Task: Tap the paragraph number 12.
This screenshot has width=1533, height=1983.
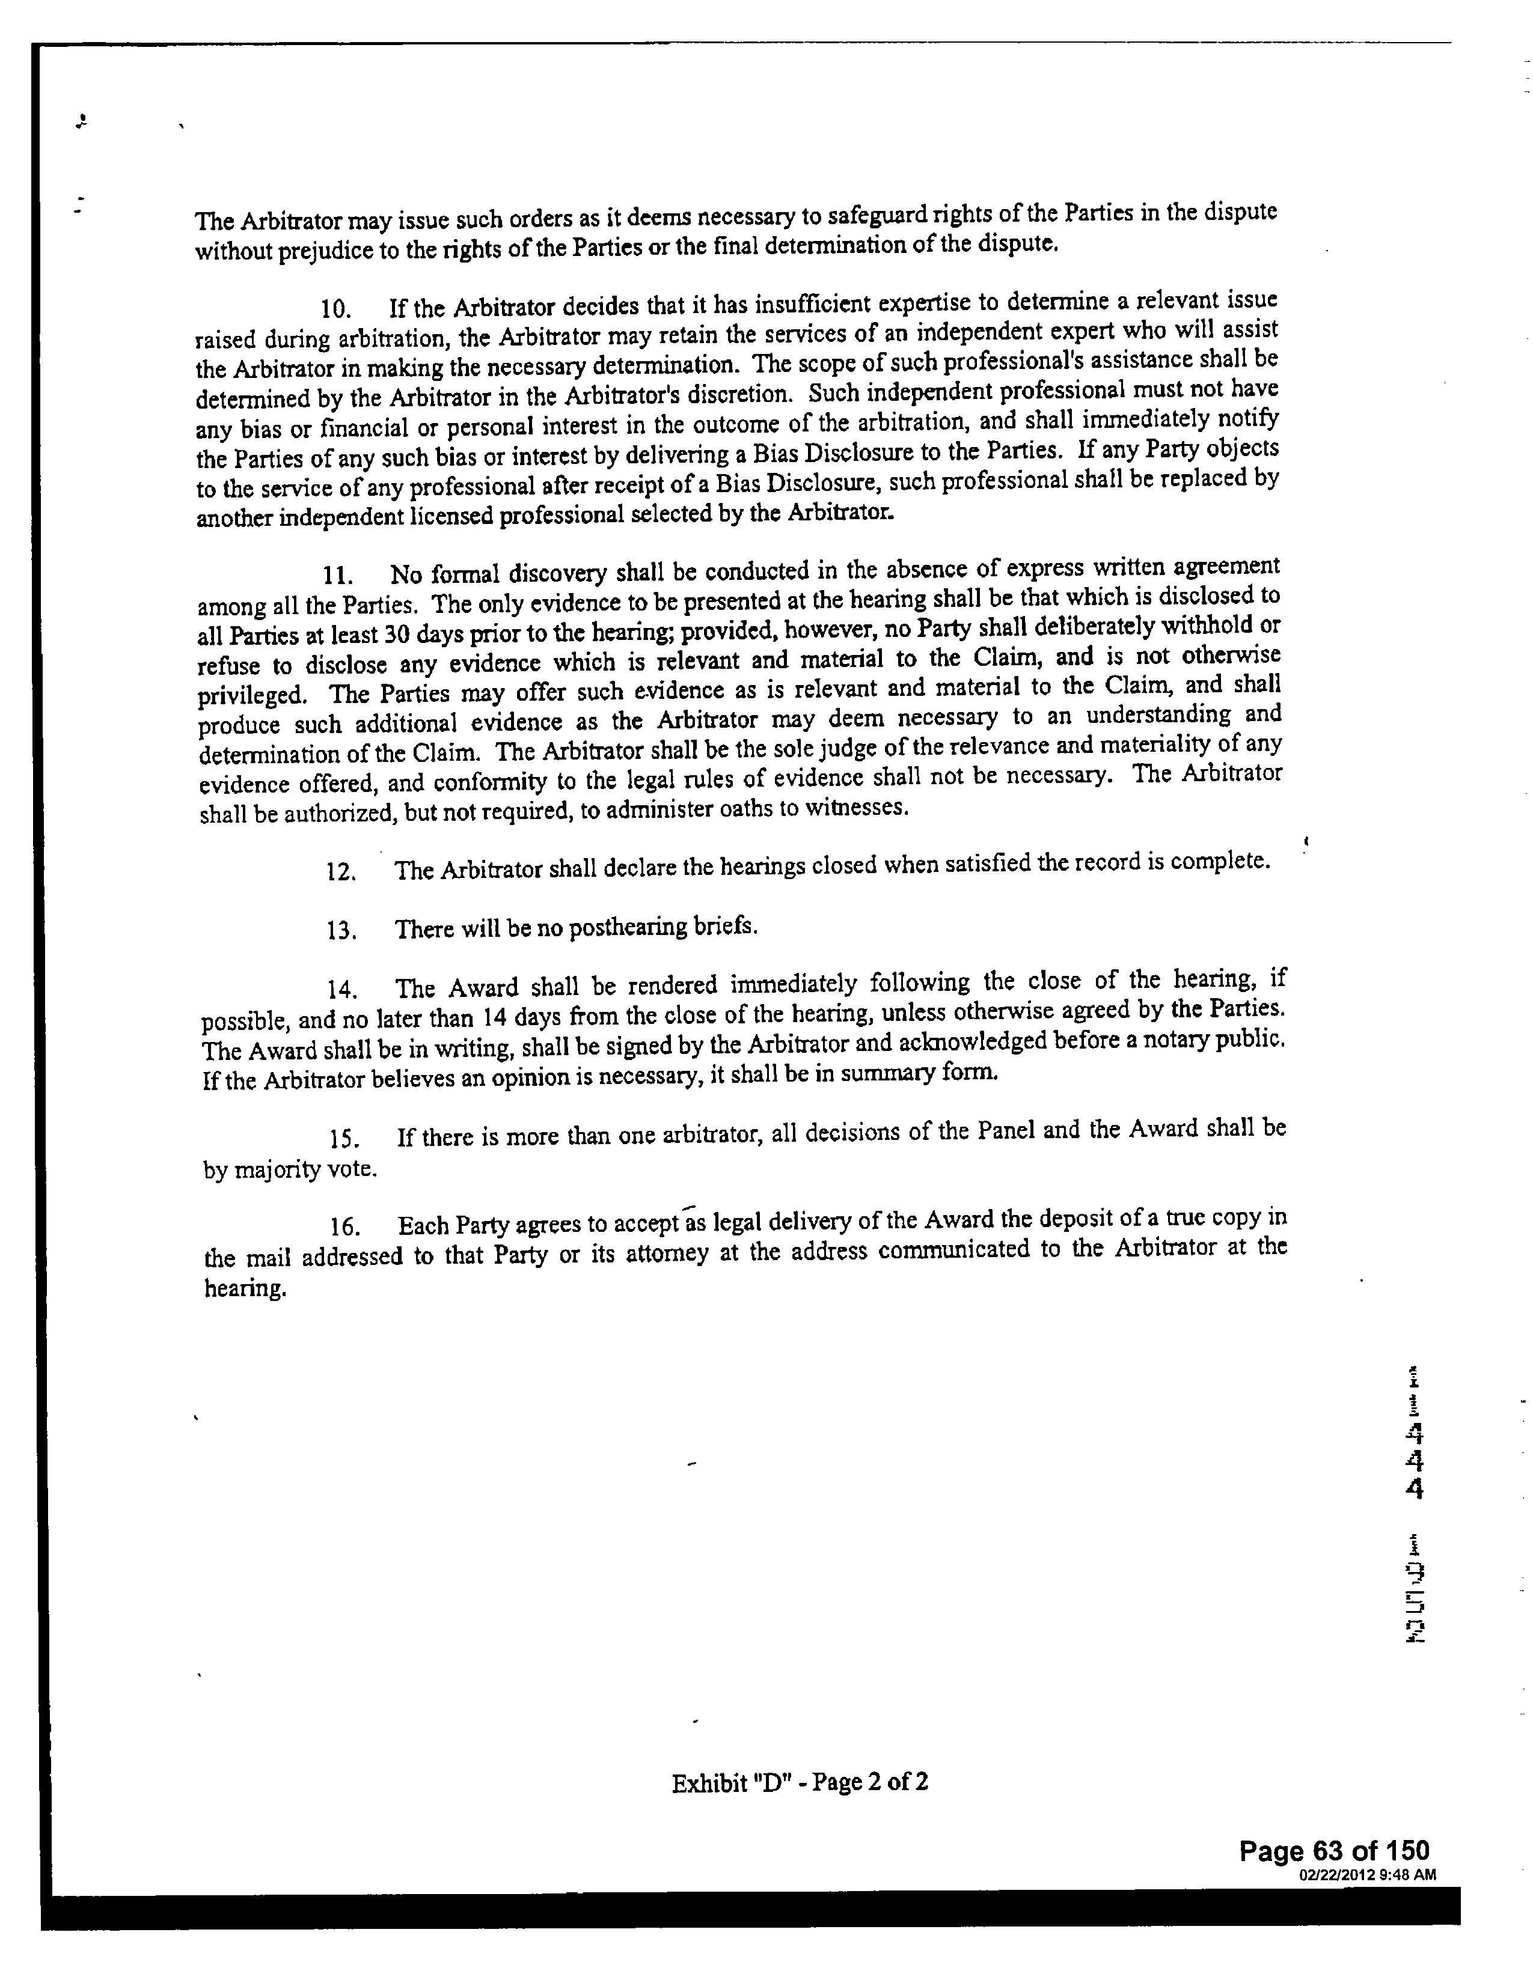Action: coord(340,872)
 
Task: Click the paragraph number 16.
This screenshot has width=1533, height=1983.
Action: coord(345,1228)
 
